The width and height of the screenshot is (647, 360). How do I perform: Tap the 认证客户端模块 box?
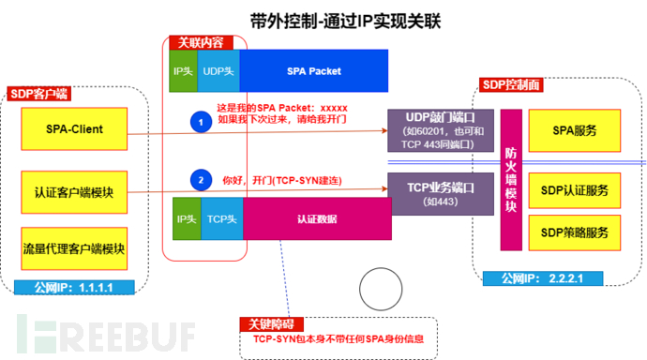point(74,192)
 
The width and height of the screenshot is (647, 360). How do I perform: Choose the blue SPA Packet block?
point(313,70)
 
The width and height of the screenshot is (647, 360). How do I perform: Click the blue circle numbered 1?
point(198,121)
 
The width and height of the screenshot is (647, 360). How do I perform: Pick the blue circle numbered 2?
point(198,178)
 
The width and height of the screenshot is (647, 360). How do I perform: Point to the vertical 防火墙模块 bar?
point(510,174)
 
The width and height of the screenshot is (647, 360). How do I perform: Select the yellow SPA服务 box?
point(574,128)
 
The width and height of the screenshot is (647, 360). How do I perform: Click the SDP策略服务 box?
point(574,232)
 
